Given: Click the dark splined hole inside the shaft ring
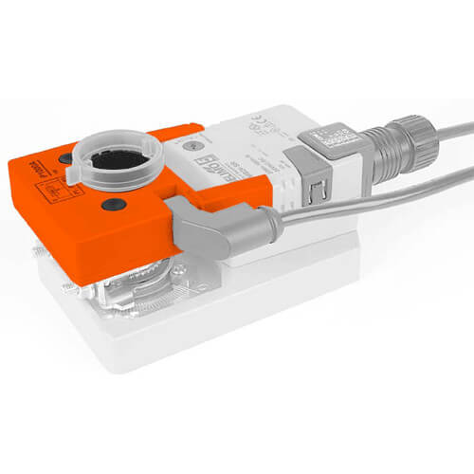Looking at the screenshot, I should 117,157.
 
